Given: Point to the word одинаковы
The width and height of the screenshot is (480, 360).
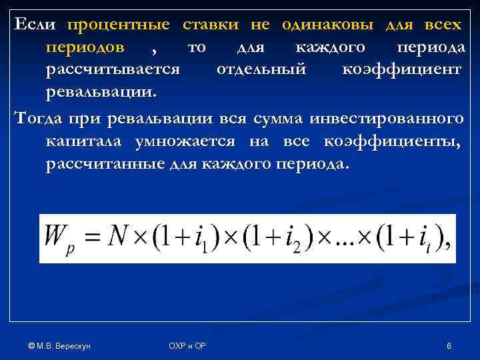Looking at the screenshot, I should (328, 25).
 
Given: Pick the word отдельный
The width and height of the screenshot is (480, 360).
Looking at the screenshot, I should (261, 69).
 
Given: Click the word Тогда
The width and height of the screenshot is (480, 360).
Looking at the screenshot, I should (37, 119).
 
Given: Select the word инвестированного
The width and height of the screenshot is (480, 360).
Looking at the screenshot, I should (394, 119).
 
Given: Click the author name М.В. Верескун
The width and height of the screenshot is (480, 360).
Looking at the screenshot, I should (59, 345).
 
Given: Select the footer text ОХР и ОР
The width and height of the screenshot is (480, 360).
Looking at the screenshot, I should (187, 345).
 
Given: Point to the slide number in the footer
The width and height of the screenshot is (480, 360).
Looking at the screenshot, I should (449, 345).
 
